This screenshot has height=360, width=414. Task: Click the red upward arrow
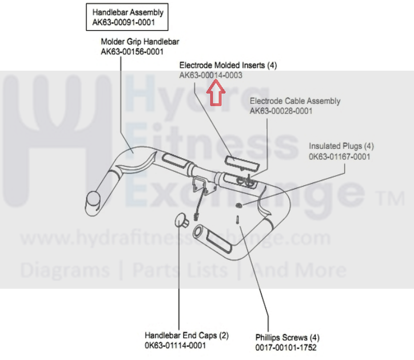click(214, 93)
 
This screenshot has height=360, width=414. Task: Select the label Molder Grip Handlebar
click(140, 42)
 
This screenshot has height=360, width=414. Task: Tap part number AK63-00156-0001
click(132, 52)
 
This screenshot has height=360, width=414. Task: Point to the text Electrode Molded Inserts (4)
click(228, 66)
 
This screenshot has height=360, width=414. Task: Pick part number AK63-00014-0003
click(210, 75)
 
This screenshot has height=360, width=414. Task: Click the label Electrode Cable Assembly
click(294, 101)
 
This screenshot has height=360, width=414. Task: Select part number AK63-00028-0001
click(281, 111)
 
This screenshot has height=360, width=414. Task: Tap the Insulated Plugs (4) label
click(341, 146)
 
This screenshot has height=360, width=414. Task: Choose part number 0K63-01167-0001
click(339, 155)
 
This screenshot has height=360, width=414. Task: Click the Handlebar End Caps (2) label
click(186, 335)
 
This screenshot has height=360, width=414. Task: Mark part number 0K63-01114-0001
click(175, 345)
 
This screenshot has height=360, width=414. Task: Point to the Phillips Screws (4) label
click(287, 337)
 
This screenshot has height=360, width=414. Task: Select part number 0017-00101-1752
click(285, 347)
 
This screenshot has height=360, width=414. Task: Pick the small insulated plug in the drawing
click(238, 205)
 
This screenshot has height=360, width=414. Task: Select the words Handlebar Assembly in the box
click(128, 13)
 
